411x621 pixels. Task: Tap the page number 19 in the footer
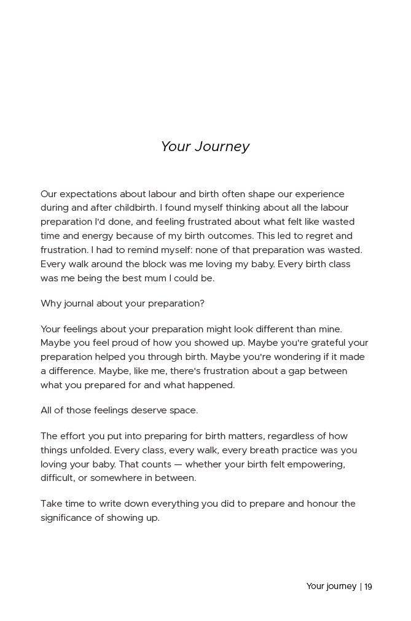tap(368, 587)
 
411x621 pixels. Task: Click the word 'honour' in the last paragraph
tap(323, 504)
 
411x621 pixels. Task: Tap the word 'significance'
tap(67, 518)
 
